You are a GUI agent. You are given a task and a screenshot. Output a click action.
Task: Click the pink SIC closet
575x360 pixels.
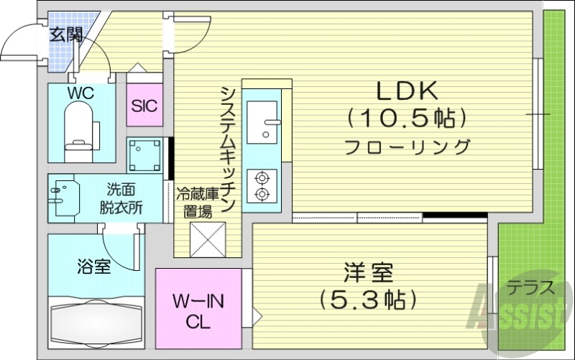pyautogui.click(x=144, y=106)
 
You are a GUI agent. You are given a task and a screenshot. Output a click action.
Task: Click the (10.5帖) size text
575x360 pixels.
pyautogui.click(x=407, y=116)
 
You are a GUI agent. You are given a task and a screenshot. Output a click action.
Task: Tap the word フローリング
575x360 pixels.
pyautogui.click(x=407, y=147)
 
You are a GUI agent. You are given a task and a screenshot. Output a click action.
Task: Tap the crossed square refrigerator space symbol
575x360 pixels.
pyautogui.click(x=208, y=239)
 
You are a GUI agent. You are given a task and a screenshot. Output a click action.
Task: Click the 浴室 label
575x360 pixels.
pyautogui.click(x=93, y=267)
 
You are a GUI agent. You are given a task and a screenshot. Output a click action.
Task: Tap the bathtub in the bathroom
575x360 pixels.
pyautogui.click(x=96, y=322)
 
